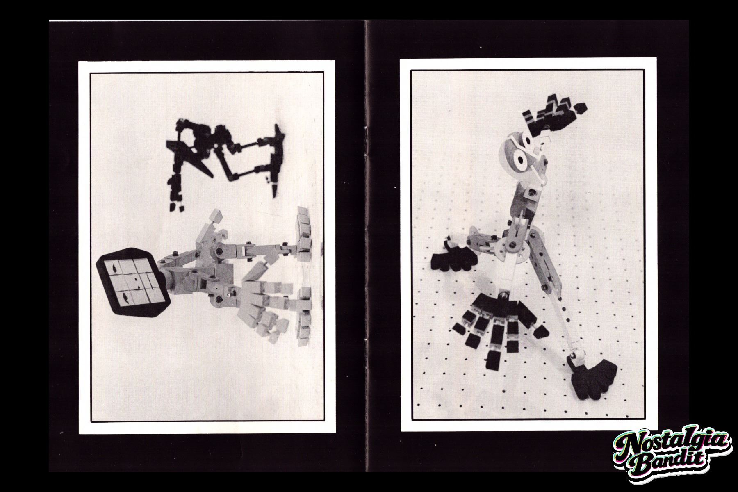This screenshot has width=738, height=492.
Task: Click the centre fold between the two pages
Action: coord(366,246)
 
